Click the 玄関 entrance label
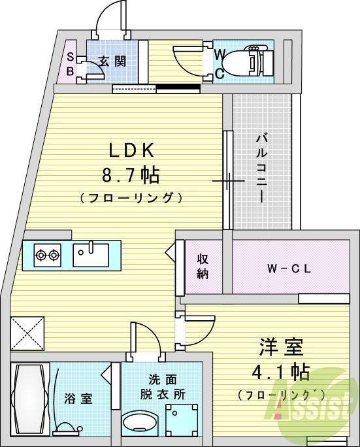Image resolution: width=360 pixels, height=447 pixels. [x=112, y=61]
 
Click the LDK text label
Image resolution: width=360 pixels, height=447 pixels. [x=131, y=151]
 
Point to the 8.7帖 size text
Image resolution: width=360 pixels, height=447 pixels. [x=131, y=175]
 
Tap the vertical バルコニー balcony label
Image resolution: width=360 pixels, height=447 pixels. [x=261, y=167]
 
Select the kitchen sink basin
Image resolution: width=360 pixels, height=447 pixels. [x=91, y=254]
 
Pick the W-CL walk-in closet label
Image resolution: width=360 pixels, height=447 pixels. [x=288, y=268]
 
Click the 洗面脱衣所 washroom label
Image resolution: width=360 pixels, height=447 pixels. [x=161, y=387]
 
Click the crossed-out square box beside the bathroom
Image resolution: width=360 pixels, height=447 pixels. [x=27, y=334]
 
